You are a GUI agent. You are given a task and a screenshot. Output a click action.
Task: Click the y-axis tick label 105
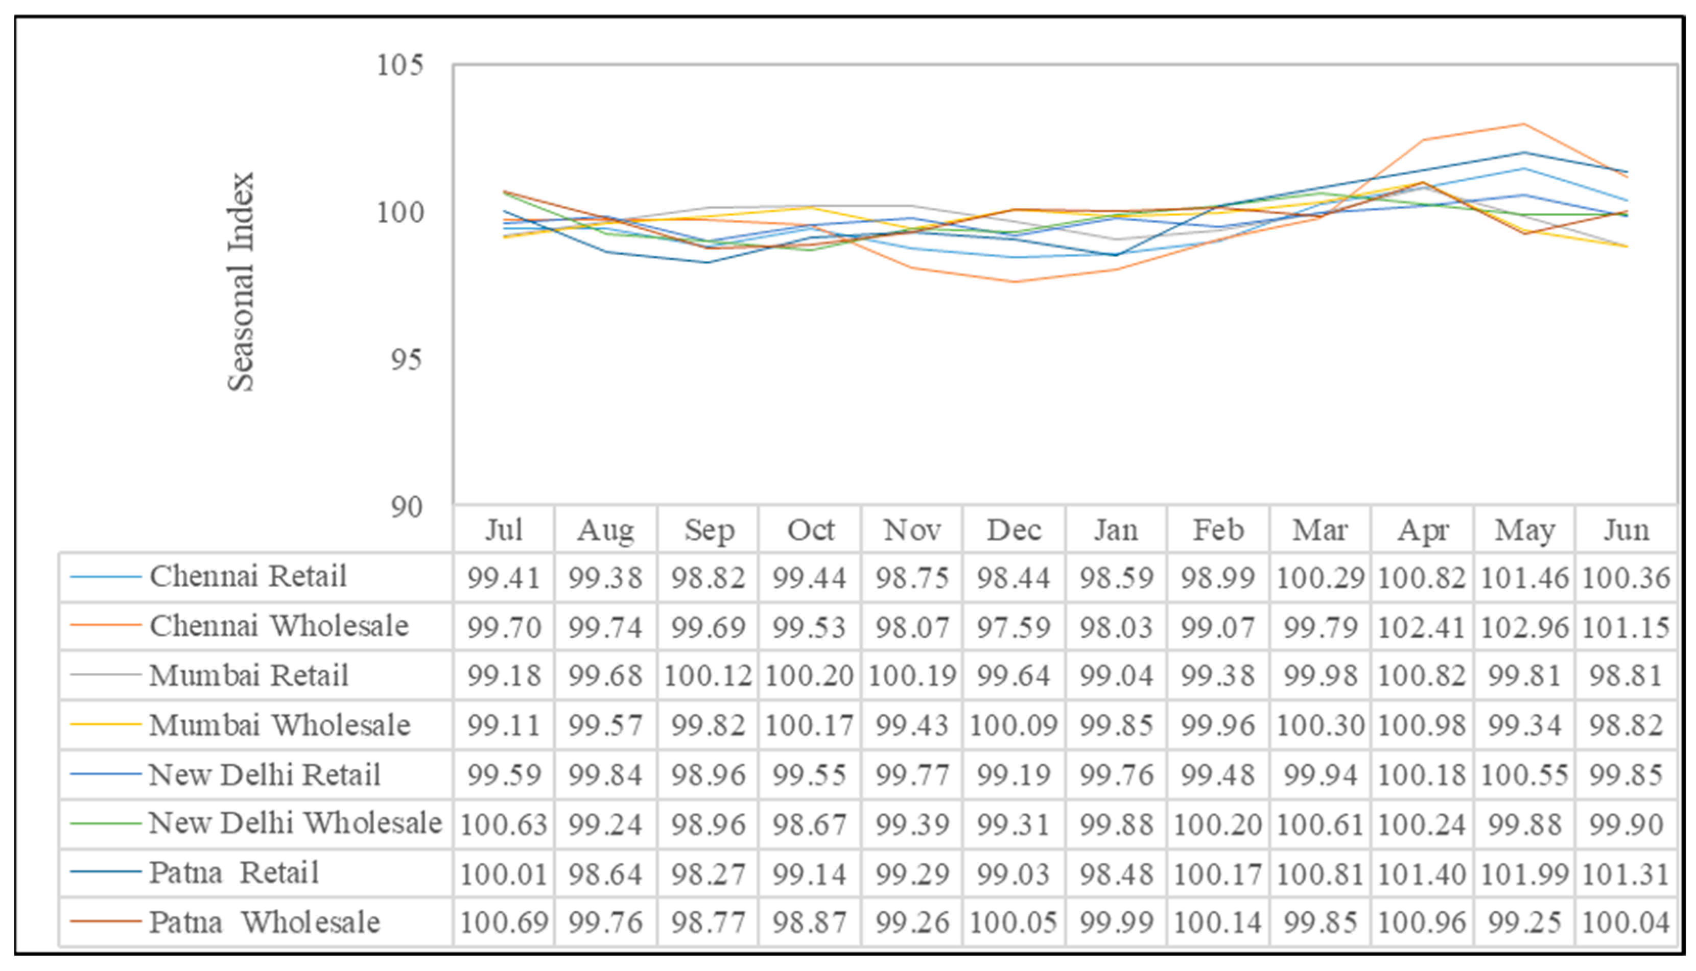pyautogui.click(x=399, y=65)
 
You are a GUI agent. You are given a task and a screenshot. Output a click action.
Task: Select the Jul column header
pyautogui.click(x=504, y=530)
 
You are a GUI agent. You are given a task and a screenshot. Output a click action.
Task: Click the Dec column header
pyautogui.click(x=1014, y=530)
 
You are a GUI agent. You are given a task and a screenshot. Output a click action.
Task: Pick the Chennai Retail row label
pyautogui.click(x=248, y=576)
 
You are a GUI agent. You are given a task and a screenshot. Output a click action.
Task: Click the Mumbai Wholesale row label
pyautogui.click(x=279, y=725)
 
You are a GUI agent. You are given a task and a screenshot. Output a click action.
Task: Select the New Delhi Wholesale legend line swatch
pyautogui.click(x=105, y=823)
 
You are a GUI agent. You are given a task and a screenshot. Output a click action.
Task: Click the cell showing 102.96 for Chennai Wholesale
pyautogui.click(x=1524, y=627)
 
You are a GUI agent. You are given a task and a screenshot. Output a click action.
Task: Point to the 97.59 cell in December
pyautogui.click(x=1014, y=627)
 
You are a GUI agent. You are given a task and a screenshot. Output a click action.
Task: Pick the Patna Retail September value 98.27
pyautogui.click(x=708, y=875)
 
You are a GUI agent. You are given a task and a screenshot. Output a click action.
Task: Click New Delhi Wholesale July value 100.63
pyautogui.click(x=504, y=825)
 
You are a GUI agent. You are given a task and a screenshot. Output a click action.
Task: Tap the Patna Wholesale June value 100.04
pyautogui.click(x=1626, y=924)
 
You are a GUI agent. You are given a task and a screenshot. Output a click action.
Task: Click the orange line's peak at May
pyautogui.click(x=1524, y=124)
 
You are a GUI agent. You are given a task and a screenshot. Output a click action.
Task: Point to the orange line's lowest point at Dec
pyautogui.click(x=1014, y=281)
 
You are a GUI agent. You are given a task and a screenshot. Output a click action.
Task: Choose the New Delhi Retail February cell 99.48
pyautogui.click(x=1218, y=775)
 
